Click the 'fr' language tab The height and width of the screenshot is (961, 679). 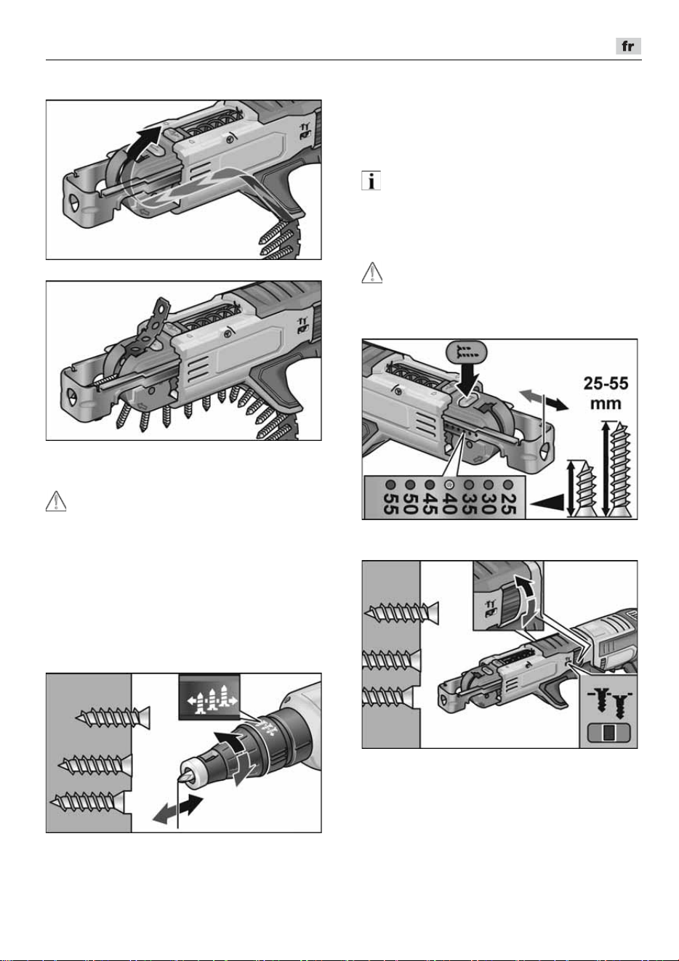click(x=628, y=46)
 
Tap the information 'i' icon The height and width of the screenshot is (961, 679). click(x=371, y=181)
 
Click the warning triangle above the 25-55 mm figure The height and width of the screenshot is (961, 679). click(x=372, y=273)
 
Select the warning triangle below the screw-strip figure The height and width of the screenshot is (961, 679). click(x=56, y=501)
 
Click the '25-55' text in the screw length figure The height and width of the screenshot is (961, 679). click(x=606, y=383)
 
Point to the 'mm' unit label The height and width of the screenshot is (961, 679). click(x=606, y=404)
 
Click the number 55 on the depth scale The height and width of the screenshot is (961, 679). click(x=391, y=503)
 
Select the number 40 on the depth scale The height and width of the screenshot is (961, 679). click(x=449, y=503)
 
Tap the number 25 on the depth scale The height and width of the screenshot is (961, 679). click(x=508, y=503)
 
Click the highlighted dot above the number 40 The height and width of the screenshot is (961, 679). click(x=449, y=484)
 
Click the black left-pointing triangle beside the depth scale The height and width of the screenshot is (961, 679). click(x=547, y=502)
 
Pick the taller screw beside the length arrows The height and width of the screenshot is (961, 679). click(x=619, y=469)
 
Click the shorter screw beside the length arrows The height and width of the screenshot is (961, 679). click(x=585, y=489)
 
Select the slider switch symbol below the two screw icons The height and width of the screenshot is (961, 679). click(x=608, y=733)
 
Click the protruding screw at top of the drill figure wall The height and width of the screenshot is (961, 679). click(x=113, y=717)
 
